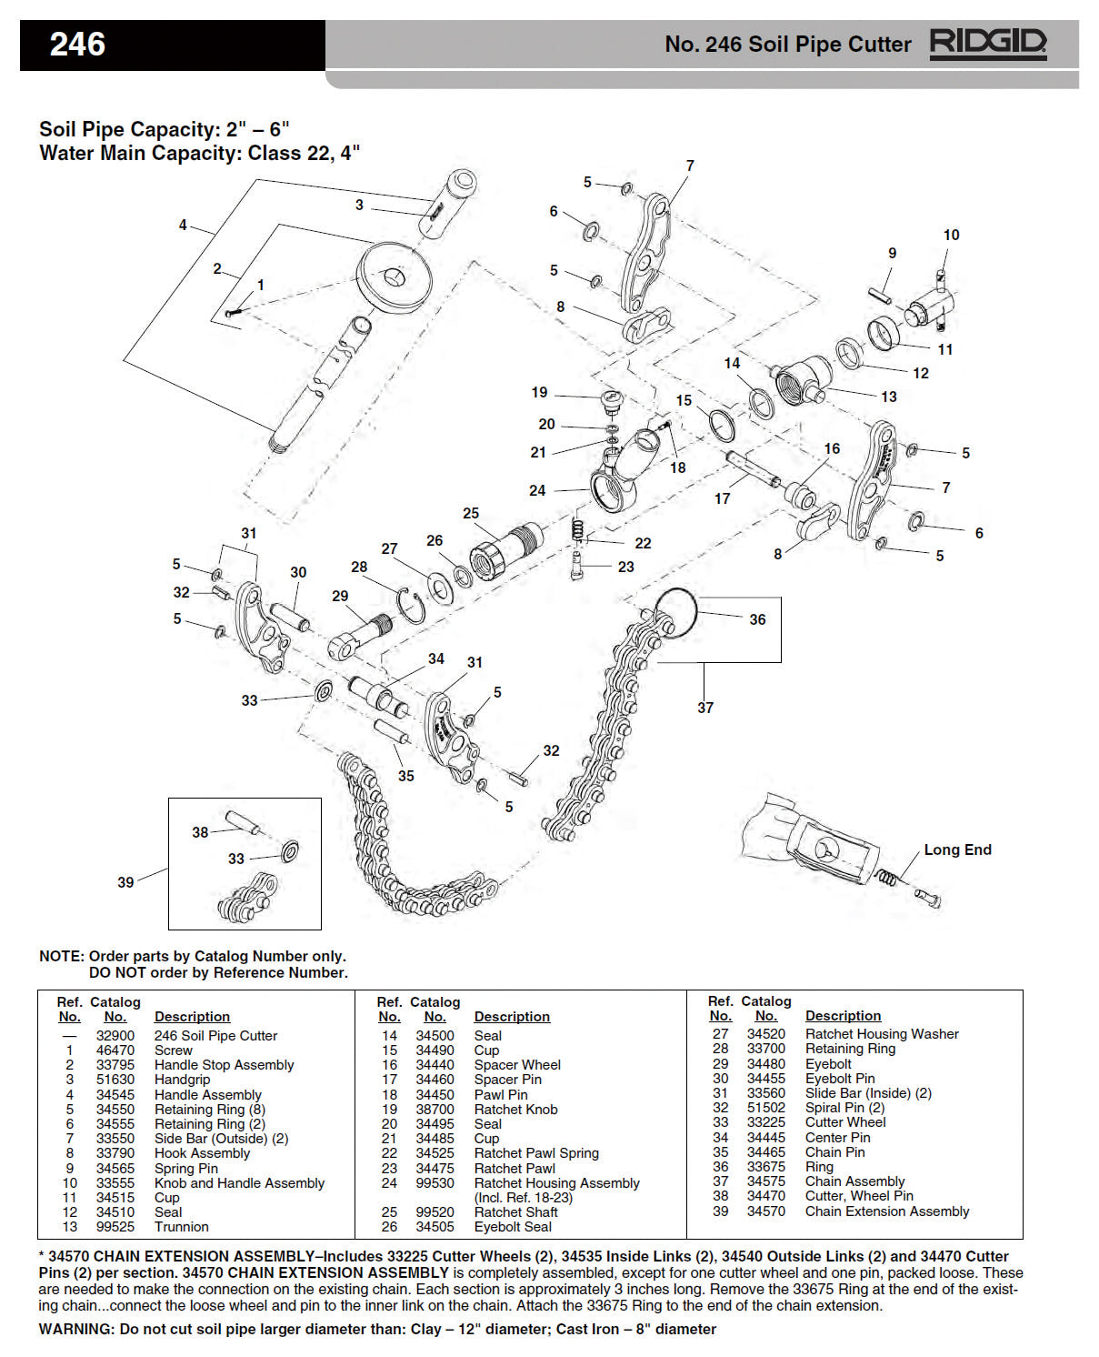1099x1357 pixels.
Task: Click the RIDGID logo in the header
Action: pos(987,44)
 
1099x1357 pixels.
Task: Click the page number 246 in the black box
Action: pos(77,45)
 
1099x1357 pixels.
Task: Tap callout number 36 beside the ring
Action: pos(757,619)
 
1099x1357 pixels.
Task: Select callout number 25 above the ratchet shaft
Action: pos(470,514)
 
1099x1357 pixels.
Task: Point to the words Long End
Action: pos(957,849)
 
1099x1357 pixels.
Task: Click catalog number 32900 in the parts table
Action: pos(115,1036)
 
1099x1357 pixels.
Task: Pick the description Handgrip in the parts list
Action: pos(182,1080)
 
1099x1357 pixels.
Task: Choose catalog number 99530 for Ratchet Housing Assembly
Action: pos(435,1183)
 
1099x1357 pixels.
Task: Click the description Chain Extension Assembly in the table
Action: pos(886,1211)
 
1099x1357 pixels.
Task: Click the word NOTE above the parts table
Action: pos(60,957)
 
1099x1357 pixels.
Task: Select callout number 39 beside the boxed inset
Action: pos(125,882)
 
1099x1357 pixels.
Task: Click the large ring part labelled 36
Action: pos(675,612)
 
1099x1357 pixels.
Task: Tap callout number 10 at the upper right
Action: pos(951,235)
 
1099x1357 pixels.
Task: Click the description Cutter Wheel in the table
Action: pos(844,1122)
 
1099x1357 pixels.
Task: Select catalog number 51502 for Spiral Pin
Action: pos(765,1108)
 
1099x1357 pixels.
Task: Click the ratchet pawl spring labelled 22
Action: pos(577,530)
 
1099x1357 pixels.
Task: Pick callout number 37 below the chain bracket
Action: pos(705,708)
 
